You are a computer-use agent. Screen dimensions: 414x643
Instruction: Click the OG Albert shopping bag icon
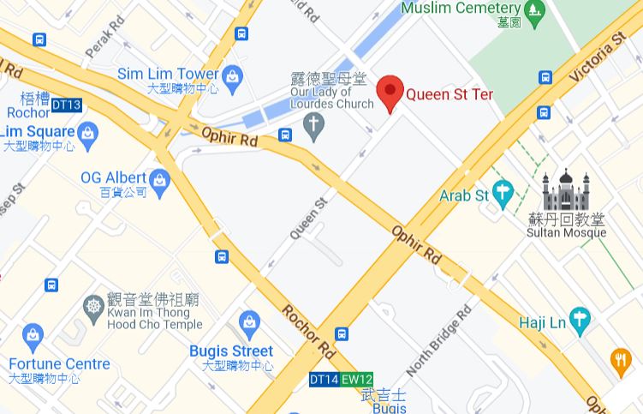pyautogui.click(x=159, y=179)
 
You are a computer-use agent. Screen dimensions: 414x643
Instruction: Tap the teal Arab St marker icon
pyautogui.click(x=503, y=195)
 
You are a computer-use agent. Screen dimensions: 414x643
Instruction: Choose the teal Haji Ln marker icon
pyautogui.click(x=580, y=321)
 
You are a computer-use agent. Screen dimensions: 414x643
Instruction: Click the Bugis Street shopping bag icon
pyautogui.click(x=249, y=323)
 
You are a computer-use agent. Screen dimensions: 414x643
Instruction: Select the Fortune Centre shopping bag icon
pyautogui.click(x=33, y=335)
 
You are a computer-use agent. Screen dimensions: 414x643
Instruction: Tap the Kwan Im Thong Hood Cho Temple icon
pyautogui.click(x=93, y=306)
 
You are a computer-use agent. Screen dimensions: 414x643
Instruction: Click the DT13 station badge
pyautogui.click(x=66, y=105)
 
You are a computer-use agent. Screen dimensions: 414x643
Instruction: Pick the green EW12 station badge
pyautogui.click(x=357, y=379)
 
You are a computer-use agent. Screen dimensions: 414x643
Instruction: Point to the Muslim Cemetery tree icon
pyautogui.click(x=535, y=11)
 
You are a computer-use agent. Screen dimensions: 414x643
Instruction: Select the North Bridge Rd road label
pyautogui.click(x=438, y=340)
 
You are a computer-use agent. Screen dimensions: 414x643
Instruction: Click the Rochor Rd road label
pyautogui.click(x=308, y=330)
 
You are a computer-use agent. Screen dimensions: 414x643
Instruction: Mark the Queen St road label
pyautogui.click(x=309, y=218)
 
